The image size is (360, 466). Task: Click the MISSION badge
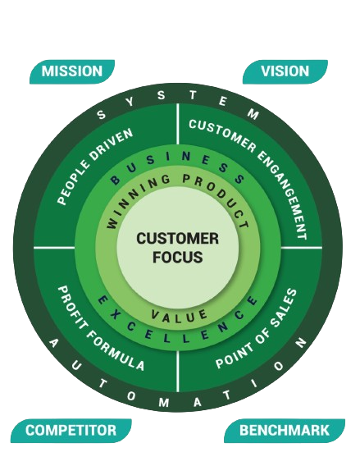[x=72, y=71]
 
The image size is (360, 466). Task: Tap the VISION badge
[x=285, y=71]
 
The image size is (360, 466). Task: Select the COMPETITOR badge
[x=71, y=431]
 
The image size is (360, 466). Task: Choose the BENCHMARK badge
[x=285, y=431]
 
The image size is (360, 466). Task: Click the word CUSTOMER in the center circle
[x=178, y=239]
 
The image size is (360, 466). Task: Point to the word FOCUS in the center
[x=178, y=257]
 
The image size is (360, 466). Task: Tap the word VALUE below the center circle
[x=179, y=316]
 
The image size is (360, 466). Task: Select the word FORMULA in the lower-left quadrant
[x=116, y=350]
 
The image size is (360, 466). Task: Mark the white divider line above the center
[x=178, y=124]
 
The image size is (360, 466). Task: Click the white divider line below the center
[x=178, y=371]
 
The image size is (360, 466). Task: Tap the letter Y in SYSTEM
[x=130, y=102]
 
